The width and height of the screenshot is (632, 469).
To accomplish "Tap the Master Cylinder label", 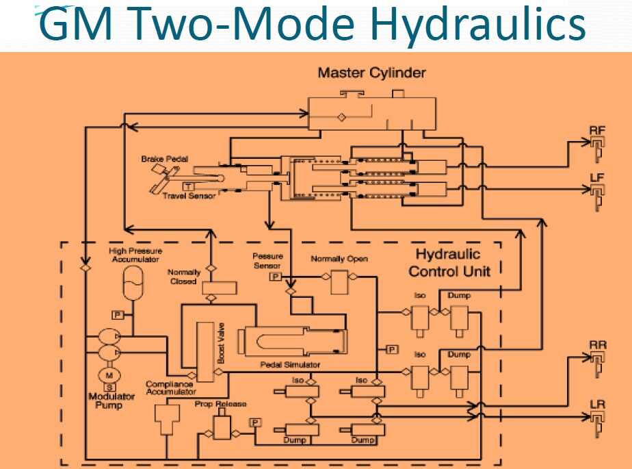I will coord(371,73).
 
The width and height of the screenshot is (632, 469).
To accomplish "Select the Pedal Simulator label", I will coord(291,364).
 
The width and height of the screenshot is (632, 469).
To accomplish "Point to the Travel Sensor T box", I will coord(187,186).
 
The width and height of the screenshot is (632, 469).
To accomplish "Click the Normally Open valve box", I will coord(339,281).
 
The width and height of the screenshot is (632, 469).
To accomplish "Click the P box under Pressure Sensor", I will coord(275,277).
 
